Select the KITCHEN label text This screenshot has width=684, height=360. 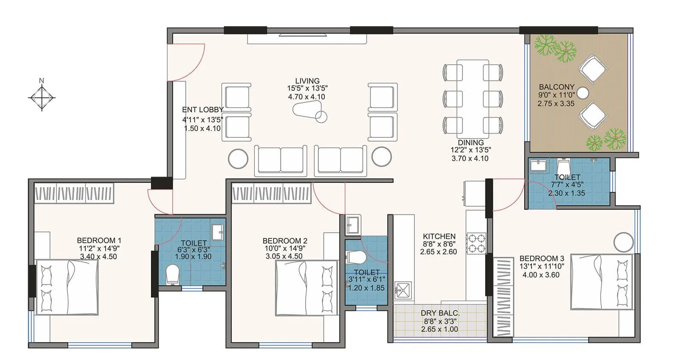pos(439,236)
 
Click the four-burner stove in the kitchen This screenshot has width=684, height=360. pos(476,243)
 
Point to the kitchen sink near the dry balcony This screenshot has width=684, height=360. pos(403,289)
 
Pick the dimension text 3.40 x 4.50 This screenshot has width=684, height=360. pos(98,257)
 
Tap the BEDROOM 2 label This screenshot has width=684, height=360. pos(285,241)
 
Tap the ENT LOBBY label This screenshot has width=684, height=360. pos(203,110)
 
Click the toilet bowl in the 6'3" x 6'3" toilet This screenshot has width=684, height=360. pos(172,274)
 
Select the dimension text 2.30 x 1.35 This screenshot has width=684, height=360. pos(566,193)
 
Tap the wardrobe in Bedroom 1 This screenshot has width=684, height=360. pos(74,193)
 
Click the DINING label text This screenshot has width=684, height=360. pos(471,142)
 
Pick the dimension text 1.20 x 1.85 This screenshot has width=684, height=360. pos(366,288)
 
